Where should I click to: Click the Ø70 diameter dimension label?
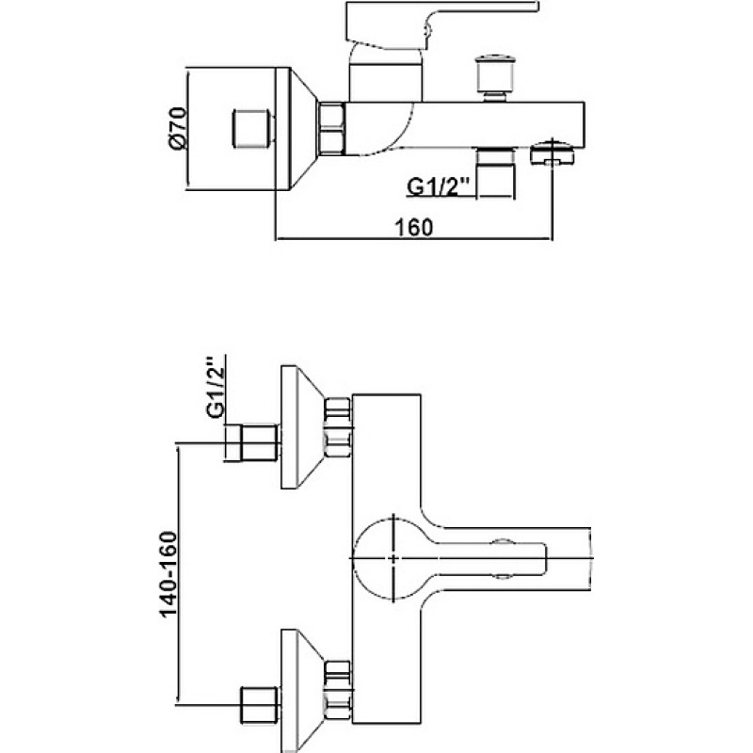click(x=177, y=129)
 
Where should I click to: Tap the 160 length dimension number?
click(x=413, y=227)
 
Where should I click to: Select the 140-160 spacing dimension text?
click(x=168, y=574)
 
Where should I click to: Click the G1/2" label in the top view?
click(x=438, y=186)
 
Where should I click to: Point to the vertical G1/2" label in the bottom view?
click(x=216, y=387)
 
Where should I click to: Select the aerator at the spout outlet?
click(x=553, y=152)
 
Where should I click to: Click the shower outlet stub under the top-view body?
click(x=495, y=173)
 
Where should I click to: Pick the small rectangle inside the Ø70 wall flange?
click(x=252, y=128)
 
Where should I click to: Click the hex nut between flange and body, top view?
click(x=332, y=129)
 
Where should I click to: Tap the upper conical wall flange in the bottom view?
click(x=302, y=427)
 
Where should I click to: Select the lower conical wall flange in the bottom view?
click(x=302, y=691)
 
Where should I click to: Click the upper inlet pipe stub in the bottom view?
click(x=251, y=443)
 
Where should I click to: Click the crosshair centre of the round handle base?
click(x=393, y=558)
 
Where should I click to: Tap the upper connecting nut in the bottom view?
click(x=338, y=427)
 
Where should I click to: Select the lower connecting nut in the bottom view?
click(x=338, y=691)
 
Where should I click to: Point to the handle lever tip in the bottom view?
click(x=546, y=558)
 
